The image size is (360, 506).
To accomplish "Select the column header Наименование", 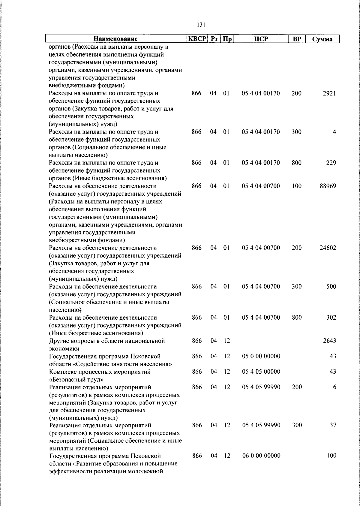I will (115, 39).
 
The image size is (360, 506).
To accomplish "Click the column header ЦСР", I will (261, 39).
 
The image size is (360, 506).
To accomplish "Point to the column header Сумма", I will (322, 39).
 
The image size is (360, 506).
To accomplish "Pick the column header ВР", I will (297, 39).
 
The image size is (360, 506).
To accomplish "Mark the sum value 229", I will (331, 163).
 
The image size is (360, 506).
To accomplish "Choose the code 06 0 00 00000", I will (261, 456).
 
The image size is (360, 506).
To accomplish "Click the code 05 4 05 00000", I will (261, 372).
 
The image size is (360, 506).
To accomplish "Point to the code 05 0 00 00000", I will (261, 356).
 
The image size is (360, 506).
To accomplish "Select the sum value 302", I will (331, 318).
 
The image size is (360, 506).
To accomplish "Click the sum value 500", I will (331, 287).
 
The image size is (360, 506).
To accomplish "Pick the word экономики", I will (64, 349).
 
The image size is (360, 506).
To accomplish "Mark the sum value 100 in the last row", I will (331, 456).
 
